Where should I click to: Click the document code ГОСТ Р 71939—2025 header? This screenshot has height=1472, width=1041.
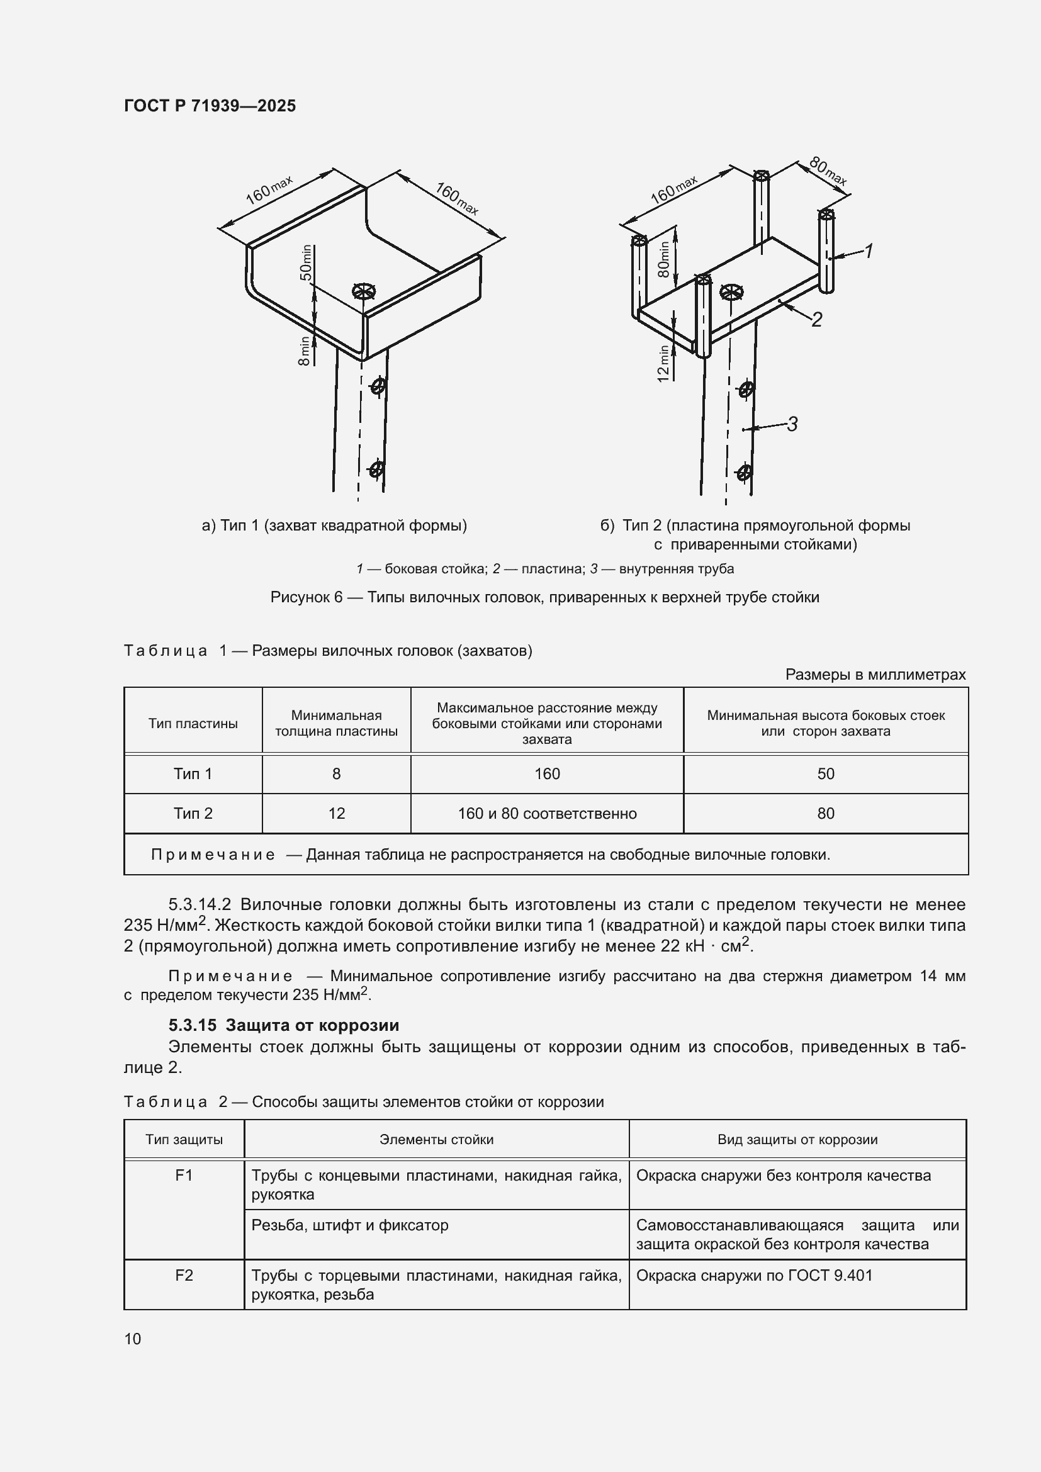point(210,106)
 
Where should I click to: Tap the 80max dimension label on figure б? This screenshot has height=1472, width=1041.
point(828,171)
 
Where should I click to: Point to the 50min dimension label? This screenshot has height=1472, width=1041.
point(307,262)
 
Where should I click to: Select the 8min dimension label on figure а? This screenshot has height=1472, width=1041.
point(305,351)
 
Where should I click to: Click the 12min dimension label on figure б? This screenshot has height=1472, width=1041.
point(663,364)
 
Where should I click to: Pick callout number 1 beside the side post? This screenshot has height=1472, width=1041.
point(869,251)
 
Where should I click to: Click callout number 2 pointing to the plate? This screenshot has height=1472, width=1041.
point(817,318)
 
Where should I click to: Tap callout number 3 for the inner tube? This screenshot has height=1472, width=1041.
point(792,424)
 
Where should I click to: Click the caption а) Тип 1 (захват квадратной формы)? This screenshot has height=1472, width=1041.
point(334,525)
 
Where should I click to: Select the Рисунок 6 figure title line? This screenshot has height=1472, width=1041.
point(544,597)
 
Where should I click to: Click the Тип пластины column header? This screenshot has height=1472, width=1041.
point(193,723)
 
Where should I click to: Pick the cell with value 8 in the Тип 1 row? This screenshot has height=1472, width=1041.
point(336,774)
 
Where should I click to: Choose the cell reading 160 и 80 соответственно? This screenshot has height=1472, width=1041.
point(547,814)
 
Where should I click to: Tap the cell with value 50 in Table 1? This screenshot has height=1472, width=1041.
point(825,774)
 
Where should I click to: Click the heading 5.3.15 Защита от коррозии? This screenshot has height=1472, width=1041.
point(283,1025)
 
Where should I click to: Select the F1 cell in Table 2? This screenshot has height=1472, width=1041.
point(184,1175)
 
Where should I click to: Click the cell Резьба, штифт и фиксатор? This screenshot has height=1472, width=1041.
point(350,1225)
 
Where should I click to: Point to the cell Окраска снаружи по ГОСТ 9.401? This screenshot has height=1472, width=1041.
point(754,1275)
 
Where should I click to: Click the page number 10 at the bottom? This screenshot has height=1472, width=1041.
point(133,1339)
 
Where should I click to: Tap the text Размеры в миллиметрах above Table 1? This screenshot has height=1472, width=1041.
point(875,675)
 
